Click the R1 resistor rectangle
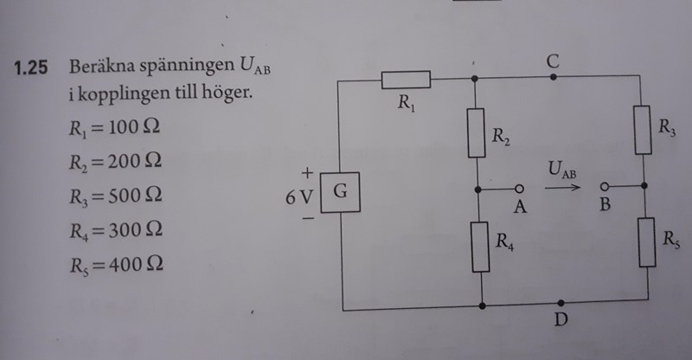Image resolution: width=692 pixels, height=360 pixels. point(406,80)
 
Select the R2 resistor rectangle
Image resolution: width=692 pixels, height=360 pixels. point(477,132)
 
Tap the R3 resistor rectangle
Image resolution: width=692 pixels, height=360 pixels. point(641,129)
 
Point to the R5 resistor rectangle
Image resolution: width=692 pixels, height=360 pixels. point(646,241)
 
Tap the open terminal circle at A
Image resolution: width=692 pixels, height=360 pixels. point(520,188)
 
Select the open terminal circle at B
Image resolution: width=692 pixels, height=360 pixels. point(605,185)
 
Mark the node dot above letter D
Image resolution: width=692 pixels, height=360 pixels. point(561,303)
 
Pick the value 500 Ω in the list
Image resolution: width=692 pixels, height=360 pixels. point(135,197)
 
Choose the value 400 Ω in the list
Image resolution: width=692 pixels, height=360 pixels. point(135,265)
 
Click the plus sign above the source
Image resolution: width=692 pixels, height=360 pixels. point(305,173)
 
